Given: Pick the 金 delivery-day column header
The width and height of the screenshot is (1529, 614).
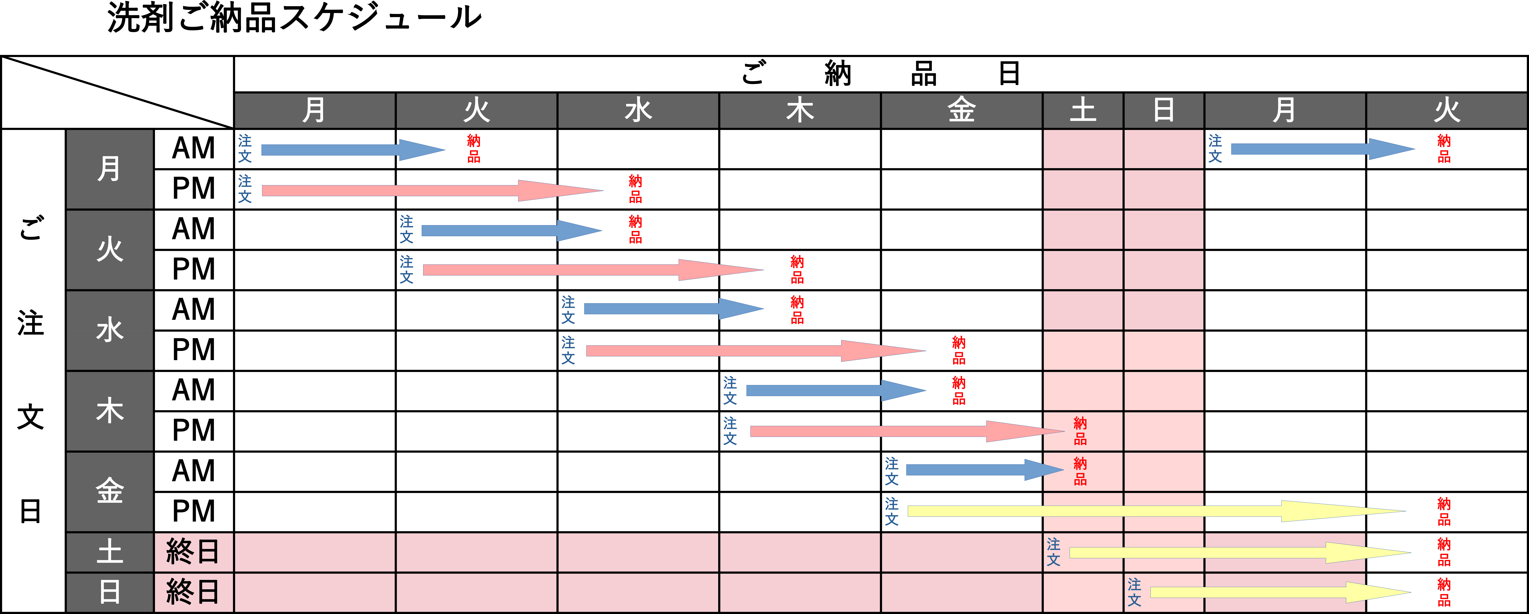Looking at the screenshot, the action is pos(962,110).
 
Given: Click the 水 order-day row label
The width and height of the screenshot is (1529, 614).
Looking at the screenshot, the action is pos(110,330).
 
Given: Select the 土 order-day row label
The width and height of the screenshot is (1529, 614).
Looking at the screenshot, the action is pos(110,552).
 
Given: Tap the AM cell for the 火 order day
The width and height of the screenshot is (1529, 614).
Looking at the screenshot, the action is pos(193,229).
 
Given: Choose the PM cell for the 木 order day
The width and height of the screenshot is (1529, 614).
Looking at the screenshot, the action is pos(193,431).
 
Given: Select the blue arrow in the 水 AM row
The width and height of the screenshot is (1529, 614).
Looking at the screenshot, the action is pos(674,309).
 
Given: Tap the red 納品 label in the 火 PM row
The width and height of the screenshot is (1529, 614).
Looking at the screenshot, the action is pos(797,270).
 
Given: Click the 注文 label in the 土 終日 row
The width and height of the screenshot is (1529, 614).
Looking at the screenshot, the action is pos(1054,552).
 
